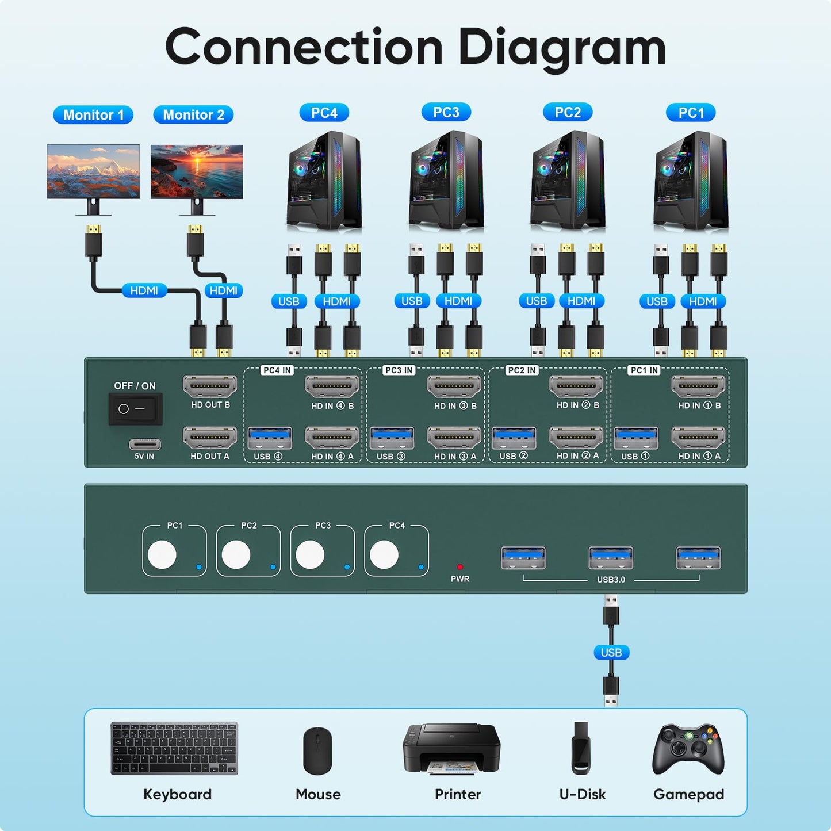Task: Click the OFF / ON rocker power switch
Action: click(135, 409)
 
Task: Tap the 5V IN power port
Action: click(145, 444)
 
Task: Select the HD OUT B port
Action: click(210, 386)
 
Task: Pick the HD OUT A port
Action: click(210, 438)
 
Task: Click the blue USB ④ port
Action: click(269, 438)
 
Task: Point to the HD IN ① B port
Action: click(698, 386)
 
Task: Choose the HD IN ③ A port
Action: click(454, 438)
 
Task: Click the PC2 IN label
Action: click(522, 370)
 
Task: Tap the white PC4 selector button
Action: click(384, 555)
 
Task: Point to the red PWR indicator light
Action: click(459, 567)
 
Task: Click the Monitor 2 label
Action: click(193, 115)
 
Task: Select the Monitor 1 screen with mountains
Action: click(93, 171)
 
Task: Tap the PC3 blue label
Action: click(446, 112)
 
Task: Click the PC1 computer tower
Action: click(692, 181)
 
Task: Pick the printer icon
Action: click(451, 749)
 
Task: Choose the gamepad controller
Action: click(688, 749)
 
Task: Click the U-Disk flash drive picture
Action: click(581, 748)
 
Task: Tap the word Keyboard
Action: click(177, 794)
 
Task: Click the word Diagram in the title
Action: click(562, 48)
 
